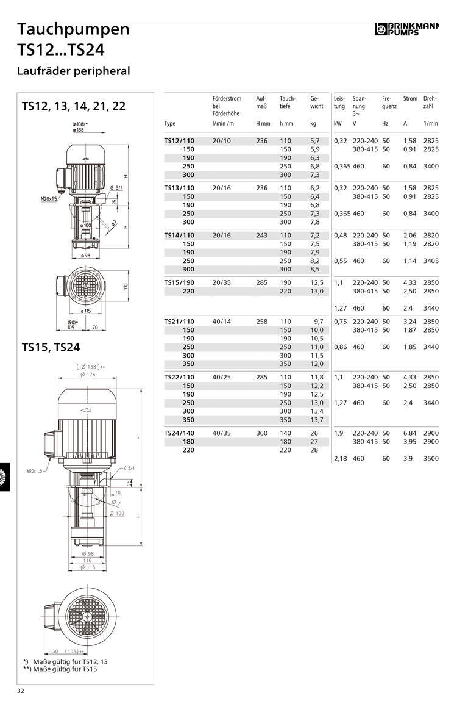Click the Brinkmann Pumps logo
(x=406, y=29)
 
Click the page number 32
(x=20, y=691)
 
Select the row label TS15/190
(x=179, y=282)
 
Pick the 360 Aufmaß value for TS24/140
(x=261, y=433)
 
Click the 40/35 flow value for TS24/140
(x=221, y=433)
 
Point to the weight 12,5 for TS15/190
(x=317, y=282)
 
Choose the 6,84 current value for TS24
(x=410, y=433)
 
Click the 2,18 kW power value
(x=341, y=459)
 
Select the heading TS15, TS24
(x=51, y=347)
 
